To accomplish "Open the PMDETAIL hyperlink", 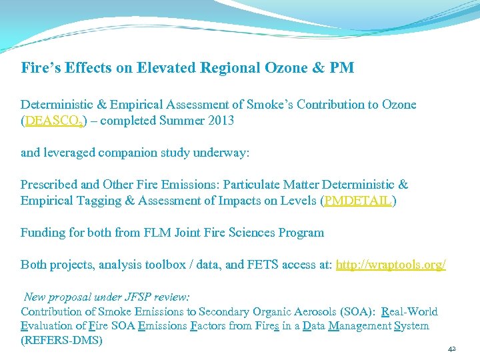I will click(x=358, y=201).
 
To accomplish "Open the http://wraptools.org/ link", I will click(x=391, y=265).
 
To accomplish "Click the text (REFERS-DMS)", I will click(x=61, y=340).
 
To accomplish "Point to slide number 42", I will click(x=451, y=349).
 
